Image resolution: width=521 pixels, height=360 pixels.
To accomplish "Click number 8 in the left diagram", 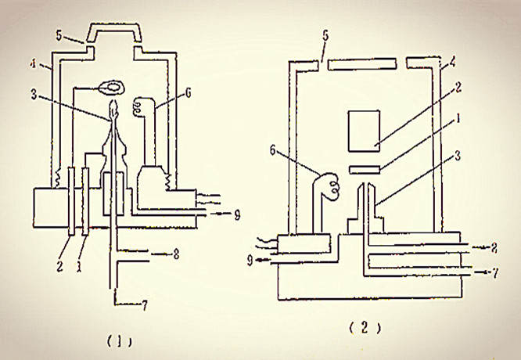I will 179,254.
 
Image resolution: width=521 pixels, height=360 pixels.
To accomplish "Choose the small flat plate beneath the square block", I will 364,169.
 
